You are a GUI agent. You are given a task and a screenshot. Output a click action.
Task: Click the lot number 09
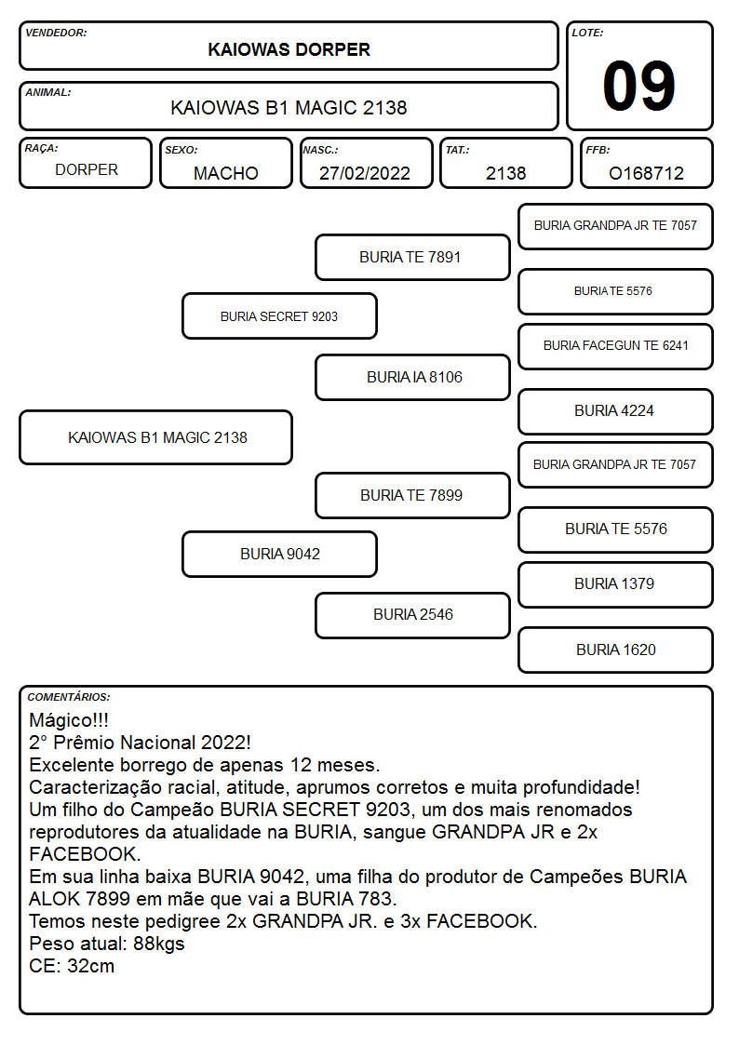coord(638,86)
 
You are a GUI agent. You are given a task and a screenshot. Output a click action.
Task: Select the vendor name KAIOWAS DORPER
coord(289,50)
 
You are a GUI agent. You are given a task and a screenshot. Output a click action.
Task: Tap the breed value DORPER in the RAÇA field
coord(87,170)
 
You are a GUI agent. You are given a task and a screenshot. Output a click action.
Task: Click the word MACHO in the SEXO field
coord(226,173)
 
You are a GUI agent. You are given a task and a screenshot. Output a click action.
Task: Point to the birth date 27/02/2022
coord(365,173)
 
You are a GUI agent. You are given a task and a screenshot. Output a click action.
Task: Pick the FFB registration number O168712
coord(646,173)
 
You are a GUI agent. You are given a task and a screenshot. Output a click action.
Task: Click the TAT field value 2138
coord(505,173)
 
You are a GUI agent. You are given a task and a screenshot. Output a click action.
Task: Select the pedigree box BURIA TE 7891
coord(412,257)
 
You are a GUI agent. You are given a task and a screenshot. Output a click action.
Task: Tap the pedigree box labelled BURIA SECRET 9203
coord(279,316)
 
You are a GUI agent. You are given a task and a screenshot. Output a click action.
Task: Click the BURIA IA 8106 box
coord(412,377)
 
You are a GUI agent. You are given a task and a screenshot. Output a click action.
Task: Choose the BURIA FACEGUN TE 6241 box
coord(616,346)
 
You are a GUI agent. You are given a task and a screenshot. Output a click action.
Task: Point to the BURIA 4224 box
coord(616,411)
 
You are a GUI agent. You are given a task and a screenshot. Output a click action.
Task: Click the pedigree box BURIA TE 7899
coord(412,495)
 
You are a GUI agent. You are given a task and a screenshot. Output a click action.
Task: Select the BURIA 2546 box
coord(412,615)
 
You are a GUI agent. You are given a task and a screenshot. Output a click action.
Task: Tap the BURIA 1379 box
coord(616,584)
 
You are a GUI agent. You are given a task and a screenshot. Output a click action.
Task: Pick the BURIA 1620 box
coord(616,650)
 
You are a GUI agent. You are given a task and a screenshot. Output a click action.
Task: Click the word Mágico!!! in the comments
coord(69,720)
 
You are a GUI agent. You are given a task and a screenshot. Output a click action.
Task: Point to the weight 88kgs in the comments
coord(158,944)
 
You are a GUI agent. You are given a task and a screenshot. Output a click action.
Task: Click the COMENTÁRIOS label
coord(69,697)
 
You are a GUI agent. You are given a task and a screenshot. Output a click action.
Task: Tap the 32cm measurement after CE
coord(90,966)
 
